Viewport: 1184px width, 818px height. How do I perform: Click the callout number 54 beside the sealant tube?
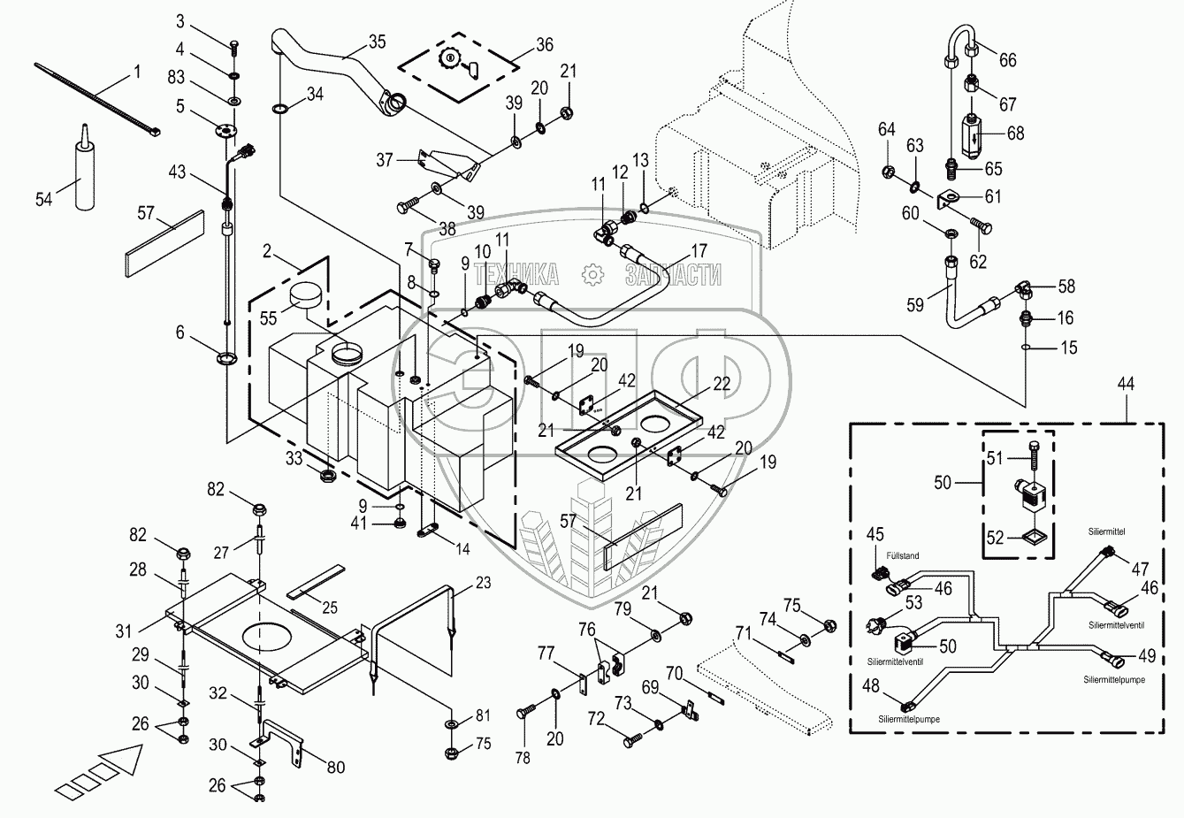pos(44,199)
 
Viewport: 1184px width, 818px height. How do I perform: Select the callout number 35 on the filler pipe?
pos(377,42)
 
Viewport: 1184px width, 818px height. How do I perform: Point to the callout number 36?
pos(545,45)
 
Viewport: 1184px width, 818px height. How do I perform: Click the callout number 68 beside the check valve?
pos(1015,134)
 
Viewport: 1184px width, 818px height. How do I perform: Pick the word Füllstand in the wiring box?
pos(902,555)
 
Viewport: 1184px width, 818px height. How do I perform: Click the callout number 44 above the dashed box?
pos(1126,384)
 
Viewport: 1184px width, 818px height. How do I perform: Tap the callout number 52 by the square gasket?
pos(996,539)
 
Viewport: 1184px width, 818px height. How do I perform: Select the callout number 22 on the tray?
pos(722,384)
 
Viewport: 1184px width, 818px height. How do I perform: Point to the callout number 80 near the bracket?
pos(336,768)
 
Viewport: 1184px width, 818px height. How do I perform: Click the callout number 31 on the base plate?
pos(124,631)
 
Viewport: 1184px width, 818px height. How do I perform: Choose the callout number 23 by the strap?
pos(483,583)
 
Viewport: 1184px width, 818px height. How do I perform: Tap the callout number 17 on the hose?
pos(699,251)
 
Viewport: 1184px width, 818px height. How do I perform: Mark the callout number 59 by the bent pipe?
pos(915,305)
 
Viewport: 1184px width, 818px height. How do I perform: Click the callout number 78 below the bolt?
pos(523,758)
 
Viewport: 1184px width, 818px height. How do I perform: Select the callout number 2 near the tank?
pos(266,251)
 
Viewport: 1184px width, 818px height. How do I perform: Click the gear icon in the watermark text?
pos(592,275)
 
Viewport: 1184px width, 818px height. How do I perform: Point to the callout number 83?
pos(176,77)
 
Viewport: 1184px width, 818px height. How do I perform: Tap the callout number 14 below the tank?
pos(462,549)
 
